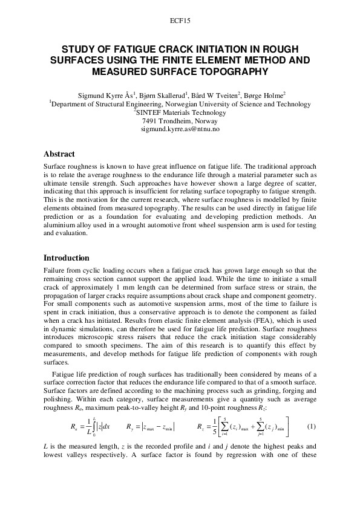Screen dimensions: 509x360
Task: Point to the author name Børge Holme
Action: pyautogui.click(x=265, y=96)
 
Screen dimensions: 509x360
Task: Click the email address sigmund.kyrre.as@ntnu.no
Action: pyautogui.click(x=180, y=129)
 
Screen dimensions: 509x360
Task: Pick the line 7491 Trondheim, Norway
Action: pyautogui.click(x=180, y=121)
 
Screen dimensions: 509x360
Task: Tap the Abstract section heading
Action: pyautogui.click(x=59, y=154)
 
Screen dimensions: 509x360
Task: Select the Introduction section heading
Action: pyautogui.click(x=67, y=258)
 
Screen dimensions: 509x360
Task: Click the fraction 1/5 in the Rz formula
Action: pyautogui.click(x=217, y=427)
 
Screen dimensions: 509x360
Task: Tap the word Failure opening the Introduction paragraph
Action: pyautogui.click(x=56, y=271)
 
